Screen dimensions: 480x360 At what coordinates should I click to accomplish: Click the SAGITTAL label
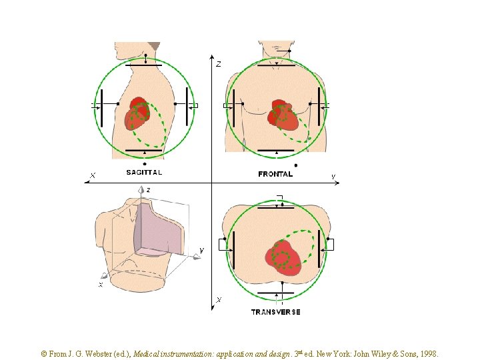tap(144, 172)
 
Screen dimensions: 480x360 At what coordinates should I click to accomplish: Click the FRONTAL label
tap(275, 174)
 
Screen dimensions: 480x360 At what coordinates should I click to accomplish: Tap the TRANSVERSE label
tap(275, 312)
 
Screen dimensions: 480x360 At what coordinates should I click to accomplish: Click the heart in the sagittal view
tap(138, 115)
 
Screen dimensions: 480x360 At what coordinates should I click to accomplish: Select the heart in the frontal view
tap(283, 115)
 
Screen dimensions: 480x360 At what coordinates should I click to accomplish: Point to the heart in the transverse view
tap(283, 257)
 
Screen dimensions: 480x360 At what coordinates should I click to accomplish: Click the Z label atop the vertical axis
tap(218, 65)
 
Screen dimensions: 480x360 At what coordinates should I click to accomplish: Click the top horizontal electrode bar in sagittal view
tap(144, 65)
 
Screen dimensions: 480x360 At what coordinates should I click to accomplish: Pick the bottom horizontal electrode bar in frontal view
tap(277, 151)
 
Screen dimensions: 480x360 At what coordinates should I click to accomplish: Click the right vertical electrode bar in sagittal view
tap(187, 106)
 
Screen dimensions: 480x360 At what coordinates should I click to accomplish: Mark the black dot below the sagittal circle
tap(145, 164)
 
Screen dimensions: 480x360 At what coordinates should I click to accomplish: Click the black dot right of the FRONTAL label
tap(296, 165)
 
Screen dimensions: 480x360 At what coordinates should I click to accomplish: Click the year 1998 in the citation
tap(427, 355)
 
